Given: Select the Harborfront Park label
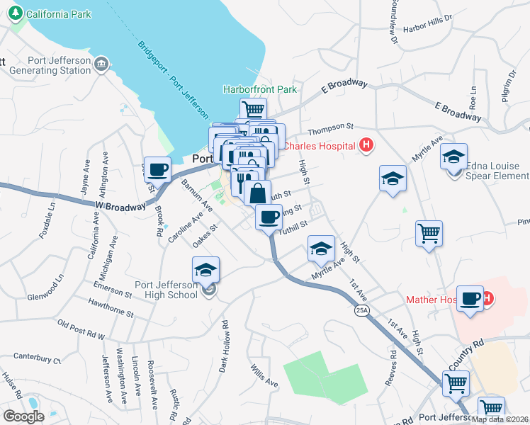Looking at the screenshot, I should tap(260, 90).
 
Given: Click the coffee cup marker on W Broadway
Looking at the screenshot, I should tap(157, 170).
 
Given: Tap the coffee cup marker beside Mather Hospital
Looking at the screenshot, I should tap(470, 298).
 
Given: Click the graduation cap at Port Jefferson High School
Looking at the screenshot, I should tap(205, 270).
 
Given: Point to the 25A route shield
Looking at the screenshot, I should tap(363, 310).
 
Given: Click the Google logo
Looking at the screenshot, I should tap(23, 416).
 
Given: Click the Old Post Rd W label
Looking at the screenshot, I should tap(81, 329).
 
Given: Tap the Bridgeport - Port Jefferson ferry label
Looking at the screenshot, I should tap(174, 78).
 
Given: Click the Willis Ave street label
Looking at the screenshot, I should tap(264, 376).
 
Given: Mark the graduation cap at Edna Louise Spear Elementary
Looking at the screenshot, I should tap(453, 157).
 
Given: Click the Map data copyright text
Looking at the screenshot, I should tap(499, 419).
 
